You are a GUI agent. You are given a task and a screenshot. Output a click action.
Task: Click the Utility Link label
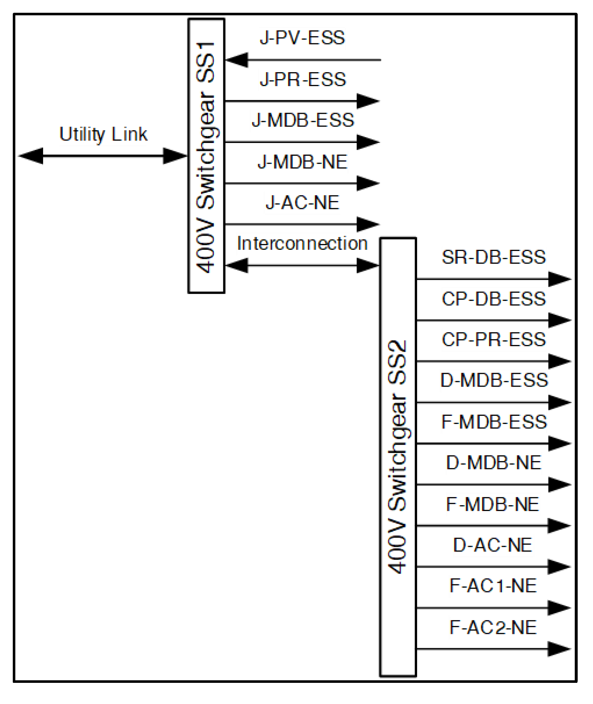(103, 134)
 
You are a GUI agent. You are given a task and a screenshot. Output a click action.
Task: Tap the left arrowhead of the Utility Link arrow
(31, 156)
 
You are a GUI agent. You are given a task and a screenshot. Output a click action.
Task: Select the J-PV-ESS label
(302, 38)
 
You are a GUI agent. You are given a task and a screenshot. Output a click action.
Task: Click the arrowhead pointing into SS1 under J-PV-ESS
(237, 60)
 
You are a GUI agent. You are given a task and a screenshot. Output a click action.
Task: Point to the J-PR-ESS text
(303, 80)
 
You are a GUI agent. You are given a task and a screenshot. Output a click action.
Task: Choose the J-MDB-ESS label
(303, 120)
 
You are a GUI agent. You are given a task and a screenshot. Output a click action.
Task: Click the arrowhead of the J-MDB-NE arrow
(368, 183)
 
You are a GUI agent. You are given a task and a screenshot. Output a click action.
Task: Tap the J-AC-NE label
(303, 203)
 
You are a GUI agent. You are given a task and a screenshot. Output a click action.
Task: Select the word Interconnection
(302, 244)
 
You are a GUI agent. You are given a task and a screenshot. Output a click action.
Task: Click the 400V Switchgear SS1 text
(206, 157)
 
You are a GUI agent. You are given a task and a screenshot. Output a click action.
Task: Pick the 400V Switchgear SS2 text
(397, 456)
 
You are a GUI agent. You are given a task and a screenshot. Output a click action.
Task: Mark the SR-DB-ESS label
(493, 257)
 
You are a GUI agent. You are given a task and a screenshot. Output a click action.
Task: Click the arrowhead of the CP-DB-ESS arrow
(559, 320)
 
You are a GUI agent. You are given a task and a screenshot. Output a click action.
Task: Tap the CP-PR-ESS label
(493, 340)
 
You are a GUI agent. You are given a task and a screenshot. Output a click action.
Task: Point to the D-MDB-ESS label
(494, 380)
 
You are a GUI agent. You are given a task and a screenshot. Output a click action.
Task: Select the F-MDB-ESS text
(494, 422)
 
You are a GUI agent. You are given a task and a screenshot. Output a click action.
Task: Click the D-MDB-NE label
(493, 463)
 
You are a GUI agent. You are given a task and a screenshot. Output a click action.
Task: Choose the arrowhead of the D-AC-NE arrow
(559, 567)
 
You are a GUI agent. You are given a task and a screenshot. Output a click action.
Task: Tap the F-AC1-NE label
(493, 586)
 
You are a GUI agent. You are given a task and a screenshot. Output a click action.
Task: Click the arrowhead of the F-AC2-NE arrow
(559, 649)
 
